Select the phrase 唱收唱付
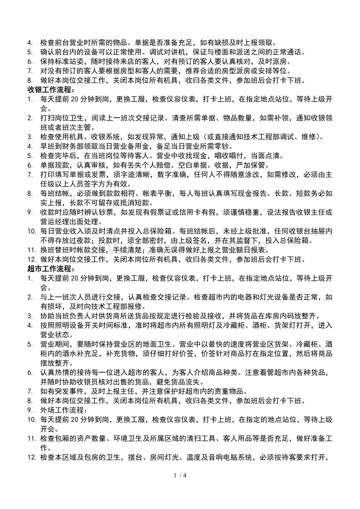218,156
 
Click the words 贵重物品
230,391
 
